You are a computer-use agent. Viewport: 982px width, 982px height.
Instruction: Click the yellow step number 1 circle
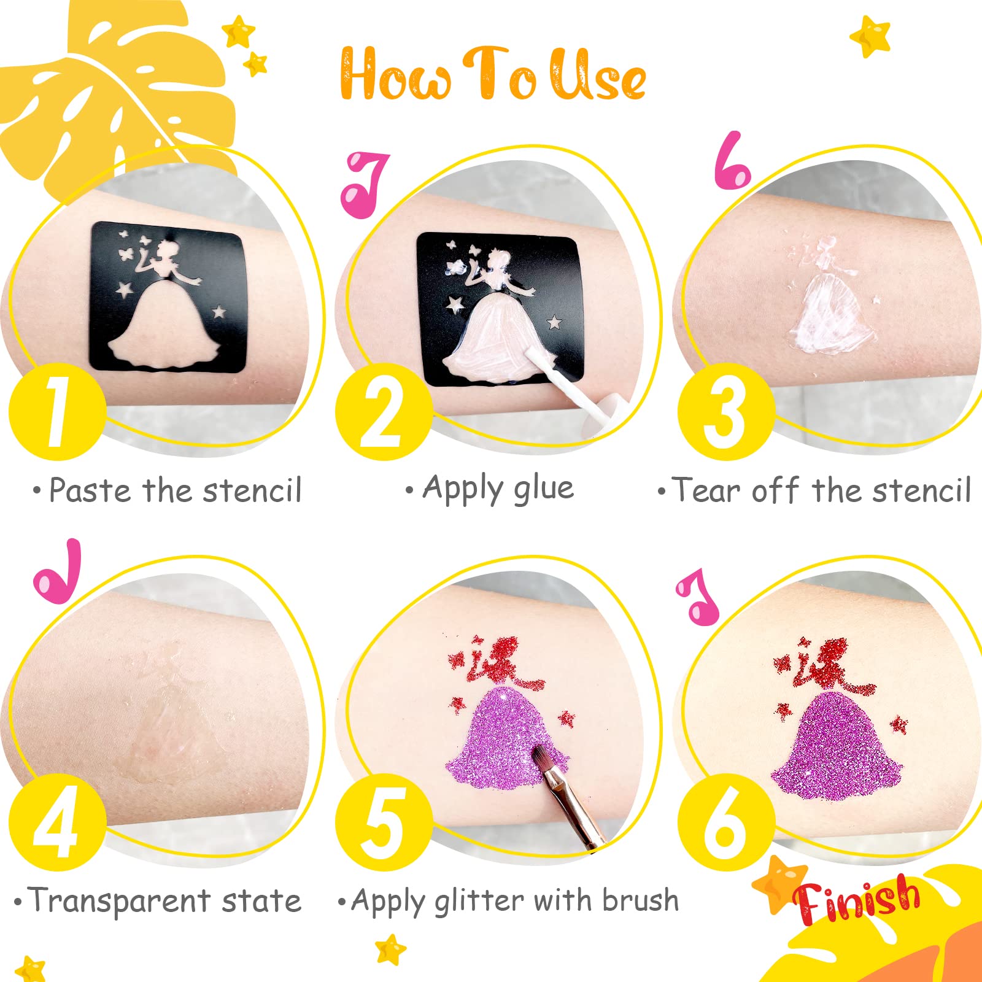[x=57, y=412]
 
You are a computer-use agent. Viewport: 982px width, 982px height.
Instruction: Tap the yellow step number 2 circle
[x=384, y=412]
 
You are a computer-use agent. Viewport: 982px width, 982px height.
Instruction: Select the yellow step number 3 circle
[x=726, y=412]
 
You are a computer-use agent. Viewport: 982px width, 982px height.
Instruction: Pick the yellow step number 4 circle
[x=57, y=823]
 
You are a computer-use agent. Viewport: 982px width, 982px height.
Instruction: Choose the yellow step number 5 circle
[x=384, y=823]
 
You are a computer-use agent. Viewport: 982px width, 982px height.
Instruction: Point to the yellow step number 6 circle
[x=726, y=823]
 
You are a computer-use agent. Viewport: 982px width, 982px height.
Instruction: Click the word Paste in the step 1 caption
[x=90, y=490]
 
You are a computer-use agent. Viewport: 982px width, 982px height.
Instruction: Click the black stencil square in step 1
[x=168, y=297]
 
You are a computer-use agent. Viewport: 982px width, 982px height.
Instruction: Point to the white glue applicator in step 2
[x=576, y=387]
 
